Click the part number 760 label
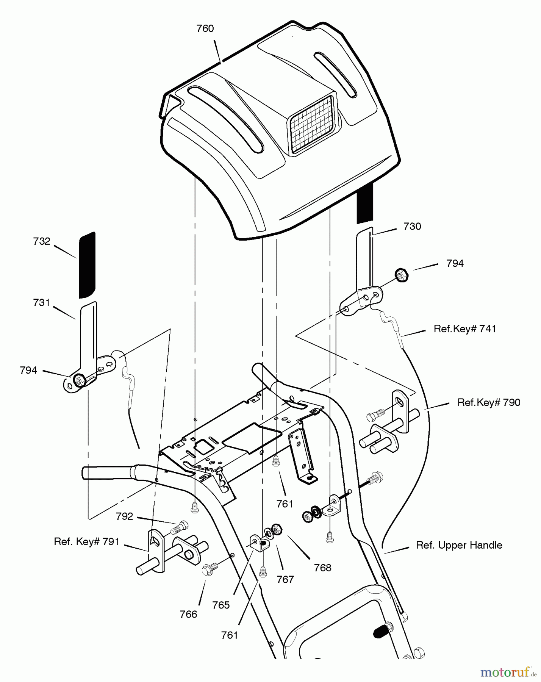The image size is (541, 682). click(x=205, y=29)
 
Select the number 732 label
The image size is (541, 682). click(x=42, y=241)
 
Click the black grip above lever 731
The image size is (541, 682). click(x=87, y=265)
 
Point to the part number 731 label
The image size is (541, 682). click(x=42, y=303)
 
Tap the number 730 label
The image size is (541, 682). click(x=412, y=227)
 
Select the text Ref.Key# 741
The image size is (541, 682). click(x=465, y=329)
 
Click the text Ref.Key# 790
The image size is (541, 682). click(x=489, y=402)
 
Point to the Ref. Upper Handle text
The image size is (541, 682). click(x=459, y=545)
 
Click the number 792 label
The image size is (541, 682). click(x=125, y=516)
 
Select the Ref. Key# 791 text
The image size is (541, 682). click(x=87, y=542)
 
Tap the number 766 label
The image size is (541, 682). click(x=189, y=614)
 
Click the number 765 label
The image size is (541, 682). click(x=221, y=605)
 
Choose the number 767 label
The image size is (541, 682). click(x=285, y=580)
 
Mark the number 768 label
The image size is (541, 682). click(x=323, y=568)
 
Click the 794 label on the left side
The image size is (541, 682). click(x=29, y=371)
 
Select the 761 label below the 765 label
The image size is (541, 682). click(x=230, y=635)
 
